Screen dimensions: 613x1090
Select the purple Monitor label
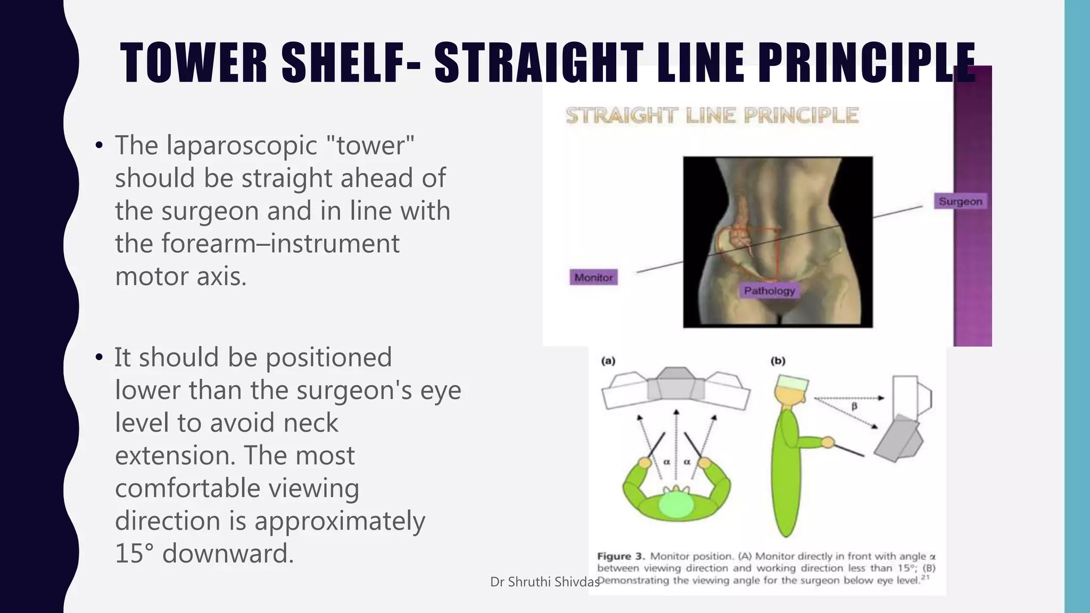pos(593,277)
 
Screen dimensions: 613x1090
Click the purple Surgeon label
pos(960,202)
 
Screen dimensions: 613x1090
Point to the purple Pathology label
pos(769,291)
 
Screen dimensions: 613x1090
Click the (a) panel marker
pos(608,361)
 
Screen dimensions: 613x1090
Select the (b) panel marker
pos(778,361)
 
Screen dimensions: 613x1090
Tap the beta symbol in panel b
pos(854,407)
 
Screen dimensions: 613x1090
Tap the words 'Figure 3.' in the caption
pos(621,556)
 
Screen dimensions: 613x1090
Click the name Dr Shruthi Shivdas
pos(544,582)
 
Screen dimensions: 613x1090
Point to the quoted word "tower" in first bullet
pos(370,145)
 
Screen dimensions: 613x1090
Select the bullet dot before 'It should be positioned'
pos(99,358)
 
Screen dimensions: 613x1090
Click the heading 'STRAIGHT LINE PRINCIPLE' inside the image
pos(712,115)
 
